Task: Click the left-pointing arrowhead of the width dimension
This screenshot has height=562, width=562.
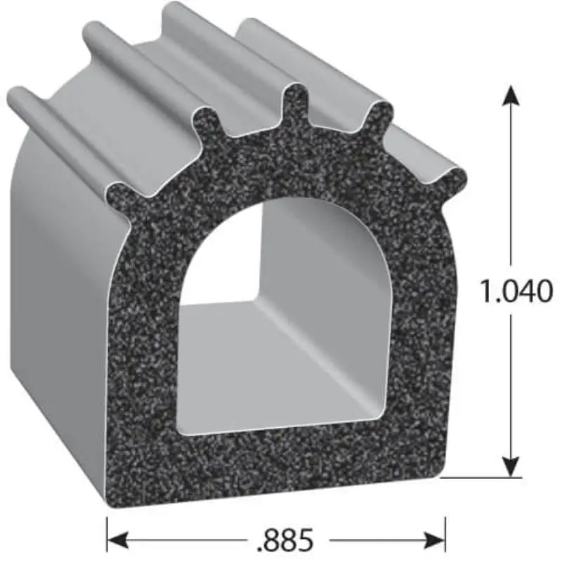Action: click(x=117, y=540)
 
